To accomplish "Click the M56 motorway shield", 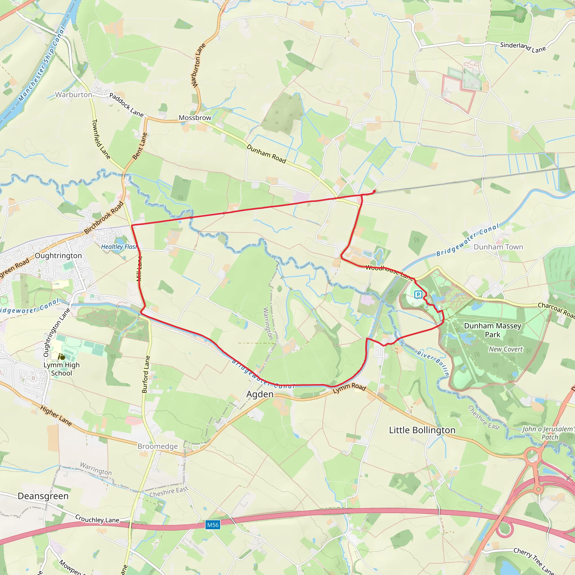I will pyautogui.click(x=213, y=525).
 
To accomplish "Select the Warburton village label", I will pyautogui.click(x=74, y=95).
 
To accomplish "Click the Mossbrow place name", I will pyautogui.click(x=195, y=118).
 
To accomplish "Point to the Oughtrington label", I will pyautogui.click(x=58, y=256).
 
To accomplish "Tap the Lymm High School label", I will pyautogui.click(x=61, y=369).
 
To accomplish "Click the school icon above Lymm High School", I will pyautogui.click(x=61, y=357).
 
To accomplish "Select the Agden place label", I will pyautogui.click(x=260, y=394).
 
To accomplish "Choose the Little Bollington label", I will pyautogui.click(x=422, y=430).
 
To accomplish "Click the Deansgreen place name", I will pyautogui.click(x=43, y=496).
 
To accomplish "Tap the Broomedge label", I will pyautogui.click(x=158, y=446).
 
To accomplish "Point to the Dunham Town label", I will pyautogui.click(x=498, y=247).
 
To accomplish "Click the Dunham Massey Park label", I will pyautogui.click(x=492, y=330).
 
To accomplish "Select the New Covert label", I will pyautogui.click(x=506, y=349).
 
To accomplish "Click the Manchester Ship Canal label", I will pyautogui.click(x=42, y=64).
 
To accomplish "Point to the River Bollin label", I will pyautogui.click(x=433, y=363).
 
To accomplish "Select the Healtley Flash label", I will pyautogui.click(x=118, y=247).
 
